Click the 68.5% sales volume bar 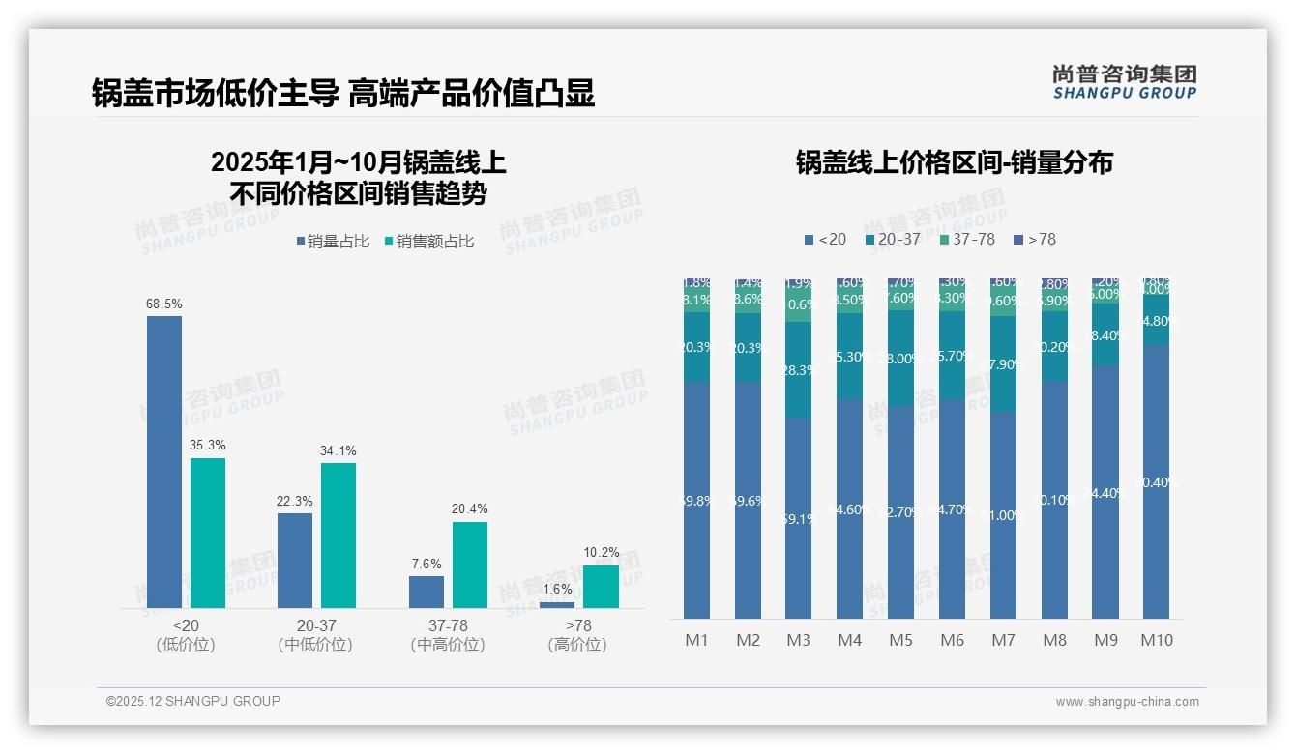164,462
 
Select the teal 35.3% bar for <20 208,533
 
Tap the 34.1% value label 339,450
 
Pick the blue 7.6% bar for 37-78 427,592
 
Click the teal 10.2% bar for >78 601,587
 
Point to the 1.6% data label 557,590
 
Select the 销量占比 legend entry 334,242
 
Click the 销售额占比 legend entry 429,242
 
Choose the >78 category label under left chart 577,626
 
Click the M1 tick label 696,640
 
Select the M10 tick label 1157,640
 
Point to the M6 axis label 953,640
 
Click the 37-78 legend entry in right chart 966,239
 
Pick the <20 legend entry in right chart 825,239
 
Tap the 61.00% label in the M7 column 1002,515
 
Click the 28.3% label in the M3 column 799,370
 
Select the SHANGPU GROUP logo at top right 1125,82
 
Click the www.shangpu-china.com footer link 1127,702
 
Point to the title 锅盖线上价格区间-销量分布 955,162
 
